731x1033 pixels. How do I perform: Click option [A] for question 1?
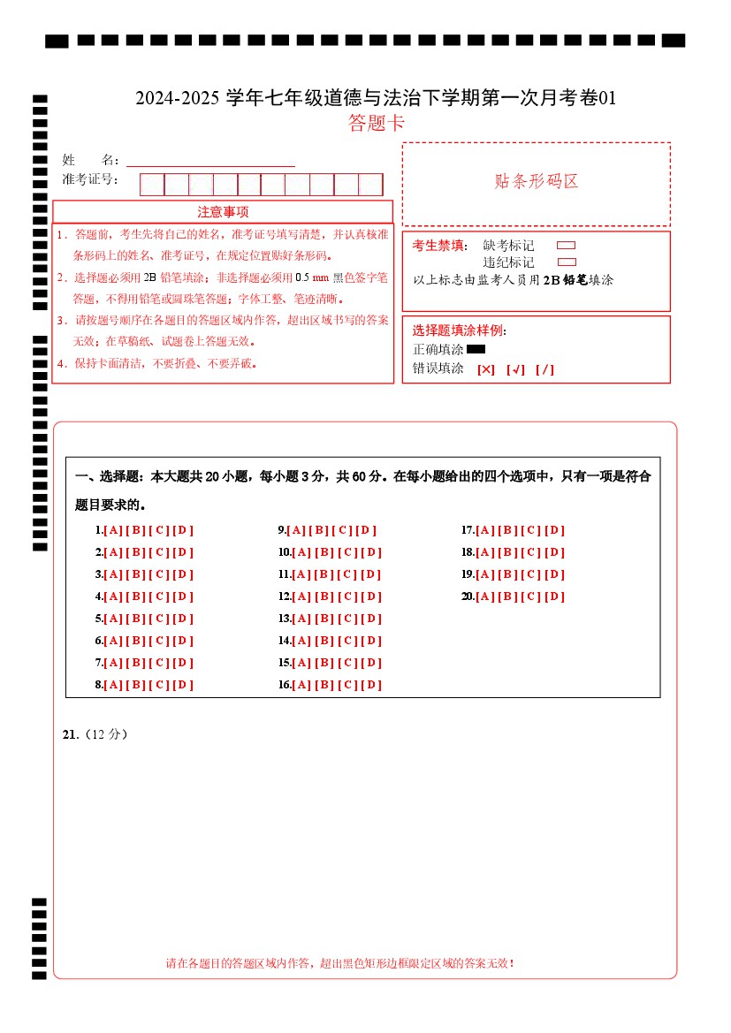[113, 530]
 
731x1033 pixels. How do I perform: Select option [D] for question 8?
[182, 685]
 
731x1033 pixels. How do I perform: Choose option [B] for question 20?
[508, 596]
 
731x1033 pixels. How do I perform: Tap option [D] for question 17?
[554, 530]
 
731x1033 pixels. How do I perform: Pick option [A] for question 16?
[301, 685]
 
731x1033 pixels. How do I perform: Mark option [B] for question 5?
[136, 619]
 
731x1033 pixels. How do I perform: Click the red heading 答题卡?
[377, 123]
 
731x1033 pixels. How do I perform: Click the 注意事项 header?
[223, 212]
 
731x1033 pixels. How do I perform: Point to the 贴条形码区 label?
[536, 182]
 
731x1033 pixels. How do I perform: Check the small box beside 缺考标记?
[567, 246]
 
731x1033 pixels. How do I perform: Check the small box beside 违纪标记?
[567, 262]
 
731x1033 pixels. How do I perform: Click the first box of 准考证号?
[152, 185]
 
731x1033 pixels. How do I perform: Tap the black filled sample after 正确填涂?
[476, 349]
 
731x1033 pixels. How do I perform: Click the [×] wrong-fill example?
[485, 369]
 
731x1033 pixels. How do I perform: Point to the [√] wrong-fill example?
[515, 369]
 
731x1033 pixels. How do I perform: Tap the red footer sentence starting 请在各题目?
[339, 962]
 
